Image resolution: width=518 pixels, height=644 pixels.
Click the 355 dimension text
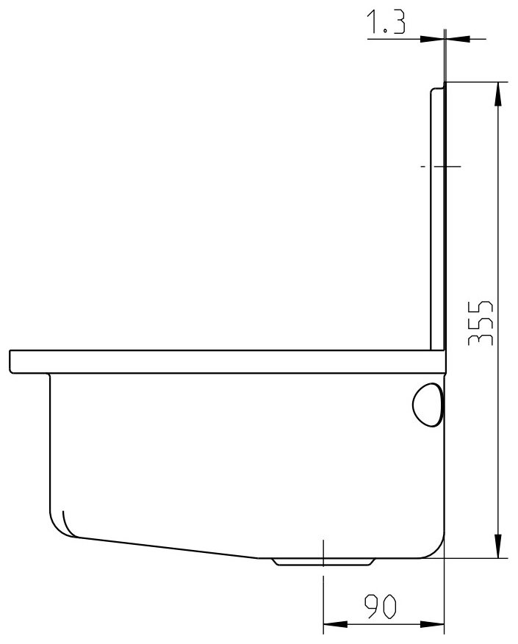click(481, 322)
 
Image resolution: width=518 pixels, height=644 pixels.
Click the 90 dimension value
click(381, 606)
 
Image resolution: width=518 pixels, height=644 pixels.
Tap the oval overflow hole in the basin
click(427, 404)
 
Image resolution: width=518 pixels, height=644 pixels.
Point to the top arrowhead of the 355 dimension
click(498, 93)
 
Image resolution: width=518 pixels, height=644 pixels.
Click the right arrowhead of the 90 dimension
click(434, 626)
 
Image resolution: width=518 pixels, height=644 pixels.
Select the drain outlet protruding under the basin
click(323, 562)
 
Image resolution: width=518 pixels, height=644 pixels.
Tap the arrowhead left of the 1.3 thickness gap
click(434, 38)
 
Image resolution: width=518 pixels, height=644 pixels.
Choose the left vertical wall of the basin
click(49, 441)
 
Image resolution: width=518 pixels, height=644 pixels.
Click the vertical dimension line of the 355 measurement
click(498, 220)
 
